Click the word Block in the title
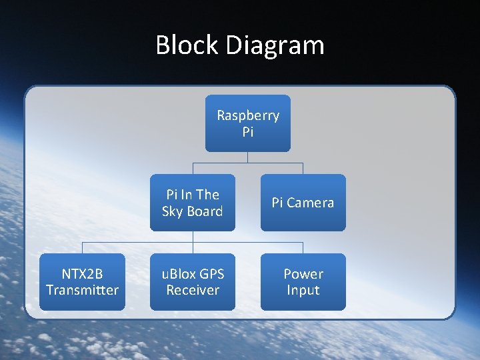pos(187,45)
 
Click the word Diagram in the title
pos(275,45)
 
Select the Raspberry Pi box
pos(248,123)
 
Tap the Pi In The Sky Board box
pos(193,203)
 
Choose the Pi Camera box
pos(303,203)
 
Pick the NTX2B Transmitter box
pos(82,281)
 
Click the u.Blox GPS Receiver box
pos(193,281)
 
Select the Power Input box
pos(303,281)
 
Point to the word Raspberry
pos(248,115)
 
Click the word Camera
pos(311,203)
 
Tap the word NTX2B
pos(82,273)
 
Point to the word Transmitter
pos(82,290)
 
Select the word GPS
pos(210,273)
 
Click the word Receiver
pos(193,290)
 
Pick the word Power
pos(303,273)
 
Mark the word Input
pos(303,290)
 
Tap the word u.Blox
pos(178,273)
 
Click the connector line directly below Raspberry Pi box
pos(248,157)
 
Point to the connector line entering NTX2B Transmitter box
pos(82,248)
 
